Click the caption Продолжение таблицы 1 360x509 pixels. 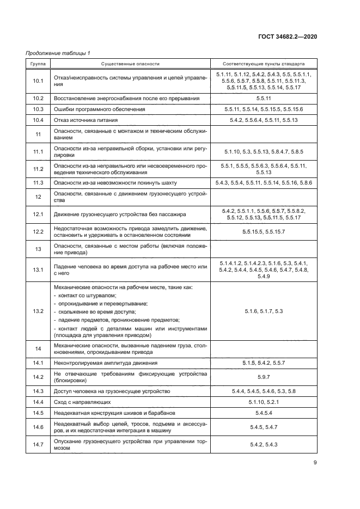58,53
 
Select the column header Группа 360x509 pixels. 38,64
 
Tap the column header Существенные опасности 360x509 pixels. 130,64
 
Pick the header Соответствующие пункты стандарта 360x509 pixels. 264,64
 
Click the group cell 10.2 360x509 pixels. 38,99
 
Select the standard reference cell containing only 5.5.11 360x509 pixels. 264,99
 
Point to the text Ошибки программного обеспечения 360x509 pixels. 99,109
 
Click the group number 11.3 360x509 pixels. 38,182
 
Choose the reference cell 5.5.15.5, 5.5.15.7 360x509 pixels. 264,232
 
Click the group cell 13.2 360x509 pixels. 38,311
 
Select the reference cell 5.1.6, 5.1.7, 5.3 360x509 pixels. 264,311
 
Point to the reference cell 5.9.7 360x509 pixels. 264,377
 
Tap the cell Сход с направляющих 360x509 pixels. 82,402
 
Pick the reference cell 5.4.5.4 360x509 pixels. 264,413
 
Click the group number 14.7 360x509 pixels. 38,445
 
